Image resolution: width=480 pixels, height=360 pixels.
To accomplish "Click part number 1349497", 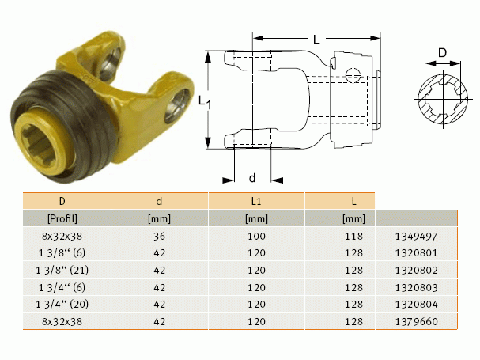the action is pos(416,237).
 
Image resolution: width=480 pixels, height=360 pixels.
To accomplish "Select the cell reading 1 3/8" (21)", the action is pos(62,271).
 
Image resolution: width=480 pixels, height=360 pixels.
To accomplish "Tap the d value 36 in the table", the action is pos(159,237).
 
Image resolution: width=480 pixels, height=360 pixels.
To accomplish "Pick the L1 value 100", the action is pos(256,237).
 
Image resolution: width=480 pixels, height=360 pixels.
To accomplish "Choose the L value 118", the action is pos(354,237).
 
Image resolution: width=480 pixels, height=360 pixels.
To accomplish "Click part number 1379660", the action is pos(416,322).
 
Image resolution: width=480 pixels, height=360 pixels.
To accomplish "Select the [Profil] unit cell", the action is pos(62,218).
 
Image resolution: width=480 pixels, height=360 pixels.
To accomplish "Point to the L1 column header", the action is pos(256,201).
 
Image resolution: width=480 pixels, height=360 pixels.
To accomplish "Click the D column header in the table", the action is pos(62,201).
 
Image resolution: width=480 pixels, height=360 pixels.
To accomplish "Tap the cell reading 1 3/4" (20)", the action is pos(62,305).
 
